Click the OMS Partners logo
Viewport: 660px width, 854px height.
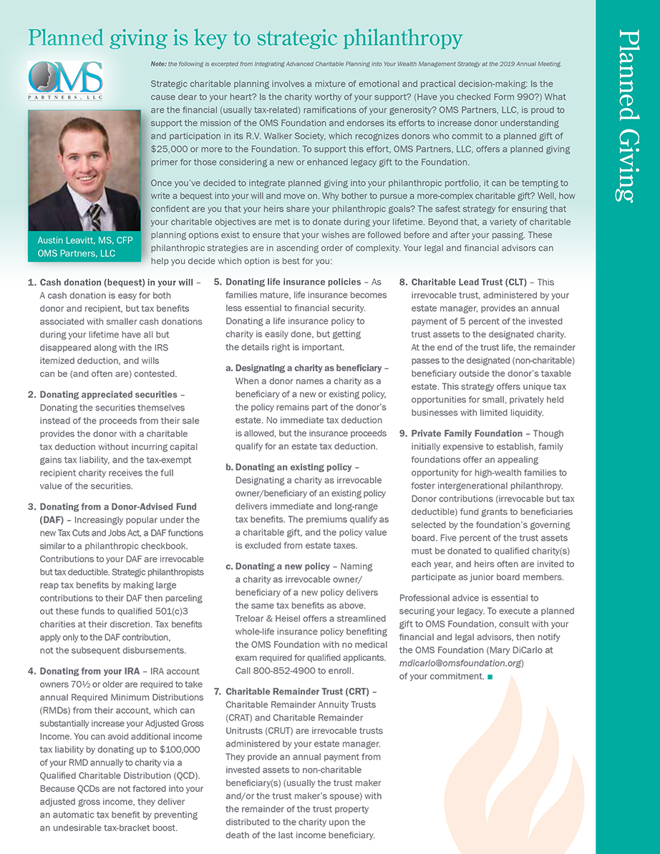pyautogui.click(x=65, y=81)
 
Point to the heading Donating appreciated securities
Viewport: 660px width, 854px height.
pyautogui.click(x=108, y=394)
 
